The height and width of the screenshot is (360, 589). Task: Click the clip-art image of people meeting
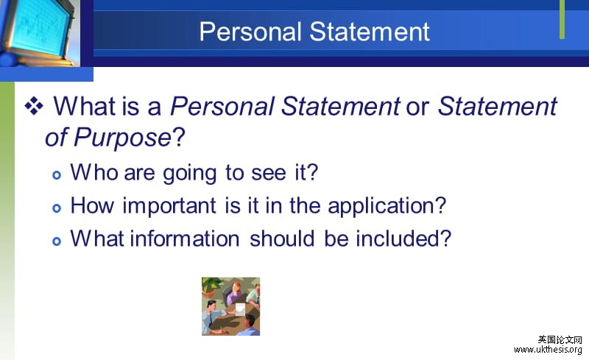[230, 306]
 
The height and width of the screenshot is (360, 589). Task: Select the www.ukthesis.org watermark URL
[549, 349]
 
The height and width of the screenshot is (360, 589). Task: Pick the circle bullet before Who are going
[58, 174]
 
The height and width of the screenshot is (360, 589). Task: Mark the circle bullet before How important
[58, 208]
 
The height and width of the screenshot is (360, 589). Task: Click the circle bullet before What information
[58, 241]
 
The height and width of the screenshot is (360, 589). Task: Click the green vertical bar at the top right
[562, 20]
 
